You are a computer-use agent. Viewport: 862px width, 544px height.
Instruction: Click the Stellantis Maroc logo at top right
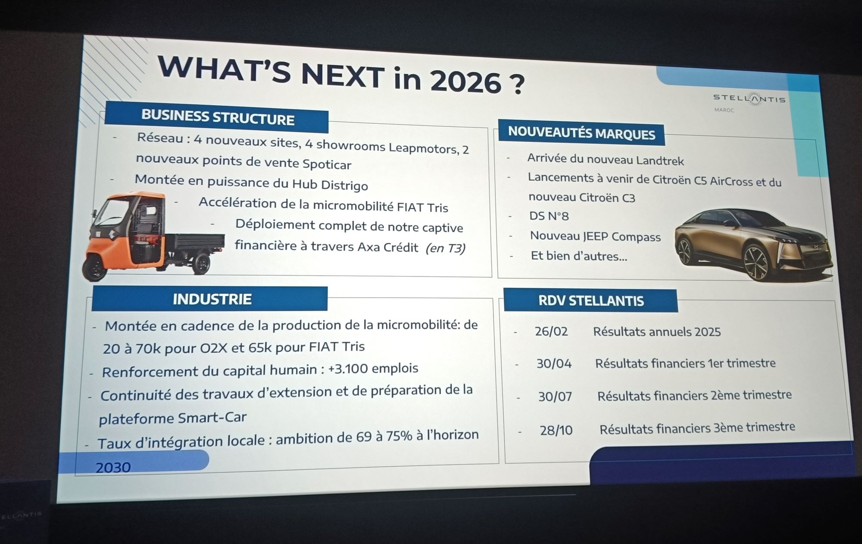749,101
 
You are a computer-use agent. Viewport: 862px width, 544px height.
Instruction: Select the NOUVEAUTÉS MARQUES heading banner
581,133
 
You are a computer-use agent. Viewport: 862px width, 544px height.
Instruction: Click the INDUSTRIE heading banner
210,299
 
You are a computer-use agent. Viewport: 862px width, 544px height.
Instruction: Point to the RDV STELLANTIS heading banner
591,301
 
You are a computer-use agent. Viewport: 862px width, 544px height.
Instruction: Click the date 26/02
551,331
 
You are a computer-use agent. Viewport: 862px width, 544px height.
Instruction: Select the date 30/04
554,364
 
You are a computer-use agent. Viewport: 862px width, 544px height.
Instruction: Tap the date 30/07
555,396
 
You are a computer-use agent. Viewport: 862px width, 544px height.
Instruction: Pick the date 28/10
556,430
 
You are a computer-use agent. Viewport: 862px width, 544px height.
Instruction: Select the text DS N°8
549,216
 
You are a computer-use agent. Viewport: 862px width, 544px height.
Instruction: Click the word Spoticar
327,164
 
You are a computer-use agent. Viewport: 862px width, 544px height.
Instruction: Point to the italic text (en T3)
445,248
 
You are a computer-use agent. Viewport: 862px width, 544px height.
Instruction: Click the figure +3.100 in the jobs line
348,369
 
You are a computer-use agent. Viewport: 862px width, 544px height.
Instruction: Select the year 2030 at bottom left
113,467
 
